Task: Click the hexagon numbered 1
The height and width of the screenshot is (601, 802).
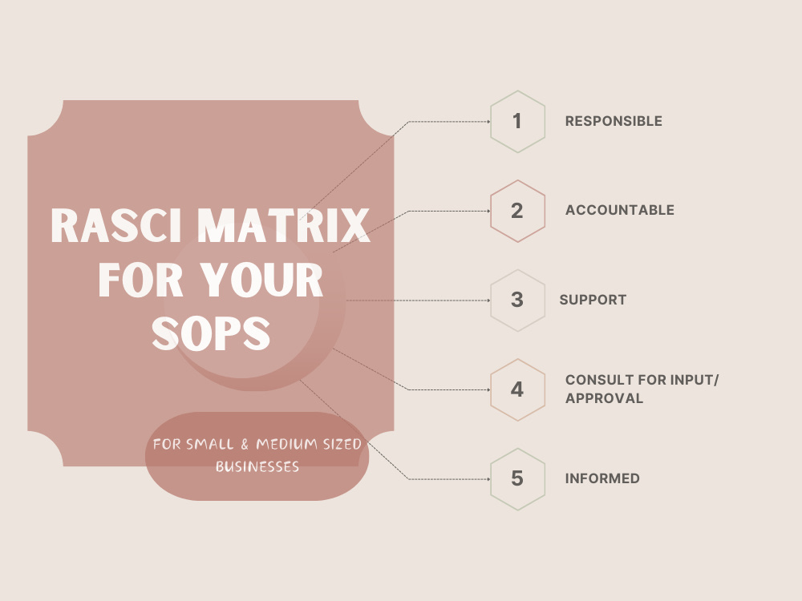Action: (x=517, y=122)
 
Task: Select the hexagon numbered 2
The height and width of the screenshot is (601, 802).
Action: (x=517, y=211)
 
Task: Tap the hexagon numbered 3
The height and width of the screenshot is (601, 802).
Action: (x=517, y=300)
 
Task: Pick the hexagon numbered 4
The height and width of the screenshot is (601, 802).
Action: (x=517, y=390)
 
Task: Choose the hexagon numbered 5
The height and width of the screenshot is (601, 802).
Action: (x=517, y=479)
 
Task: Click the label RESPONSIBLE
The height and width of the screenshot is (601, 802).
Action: (x=614, y=122)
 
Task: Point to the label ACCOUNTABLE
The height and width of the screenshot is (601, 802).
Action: (x=619, y=211)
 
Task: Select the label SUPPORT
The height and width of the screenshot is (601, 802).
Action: (x=593, y=300)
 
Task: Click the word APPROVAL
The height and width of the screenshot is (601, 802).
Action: (x=604, y=398)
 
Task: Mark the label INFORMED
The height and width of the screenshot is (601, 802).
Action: (x=602, y=479)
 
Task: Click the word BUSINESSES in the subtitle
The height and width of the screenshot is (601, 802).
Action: (x=257, y=466)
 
